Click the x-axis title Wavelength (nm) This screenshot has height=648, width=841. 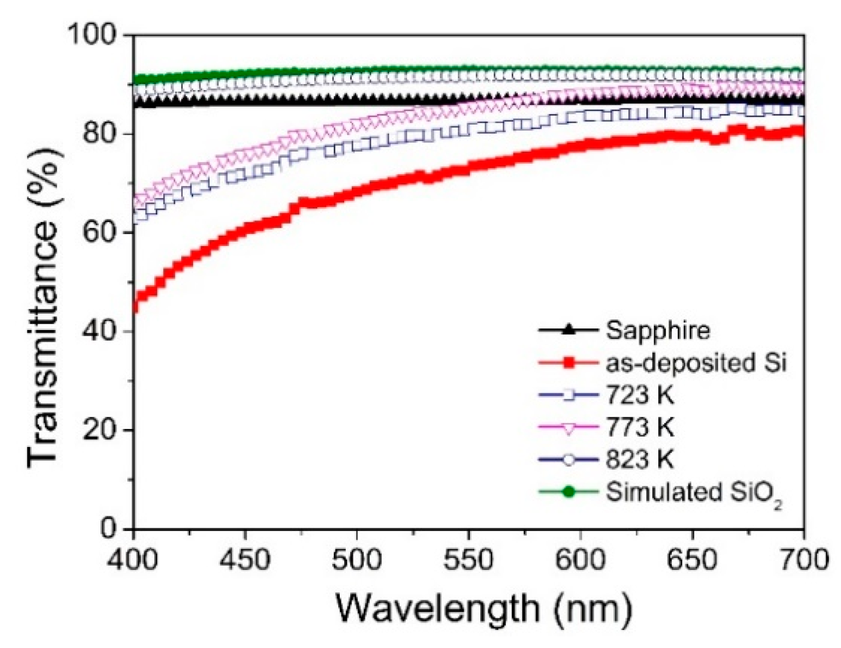point(484,608)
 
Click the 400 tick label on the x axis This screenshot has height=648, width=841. point(134,560)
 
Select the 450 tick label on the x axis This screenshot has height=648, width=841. point(245,560)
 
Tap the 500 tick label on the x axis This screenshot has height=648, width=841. point(357,560)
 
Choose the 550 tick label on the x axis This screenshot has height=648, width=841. point(468,560)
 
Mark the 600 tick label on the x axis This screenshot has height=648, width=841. point(580,560)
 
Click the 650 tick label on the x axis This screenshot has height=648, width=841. point(692,560)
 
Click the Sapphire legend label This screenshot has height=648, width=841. point(658,331)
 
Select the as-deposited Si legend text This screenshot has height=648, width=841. point(696,363)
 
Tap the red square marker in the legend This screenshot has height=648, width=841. point(569,363)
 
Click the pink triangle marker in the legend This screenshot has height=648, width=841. point(569,428)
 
